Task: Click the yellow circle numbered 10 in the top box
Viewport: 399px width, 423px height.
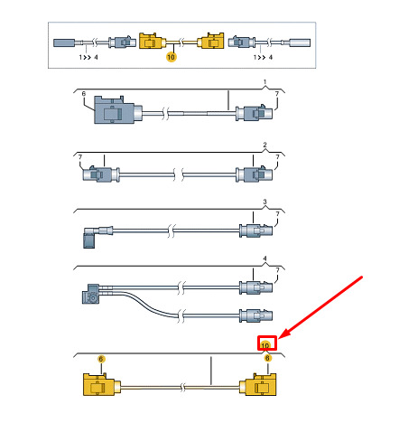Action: (x=171, y=57)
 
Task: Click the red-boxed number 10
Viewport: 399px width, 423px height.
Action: (x=265, y=345)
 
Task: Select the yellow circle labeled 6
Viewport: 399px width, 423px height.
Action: (x=101, y=359)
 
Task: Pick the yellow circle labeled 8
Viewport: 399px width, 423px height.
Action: (x=267, y=358)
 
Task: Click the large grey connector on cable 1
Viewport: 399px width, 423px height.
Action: (x=118, y=109)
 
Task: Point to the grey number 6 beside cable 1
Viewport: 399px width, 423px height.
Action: (x=84, y=94)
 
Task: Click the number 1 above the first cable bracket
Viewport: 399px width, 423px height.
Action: (x=264, y=82)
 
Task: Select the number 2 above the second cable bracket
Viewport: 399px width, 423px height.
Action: (x=264, y=145)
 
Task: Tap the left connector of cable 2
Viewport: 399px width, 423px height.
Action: (x=101, y=174)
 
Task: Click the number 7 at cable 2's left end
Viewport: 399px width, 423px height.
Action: (x=80, y=157)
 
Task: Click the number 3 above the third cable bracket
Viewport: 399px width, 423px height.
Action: (x=264, y=202)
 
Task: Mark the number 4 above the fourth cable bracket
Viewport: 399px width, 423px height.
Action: (x=264, y=258)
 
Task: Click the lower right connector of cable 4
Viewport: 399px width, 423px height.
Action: (x=255, y=315)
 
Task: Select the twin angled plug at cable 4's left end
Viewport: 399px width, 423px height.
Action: (x=92, y=294)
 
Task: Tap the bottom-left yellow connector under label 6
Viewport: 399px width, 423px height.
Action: (x=102, y=384)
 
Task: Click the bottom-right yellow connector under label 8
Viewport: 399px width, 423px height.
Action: (x=257, y=384)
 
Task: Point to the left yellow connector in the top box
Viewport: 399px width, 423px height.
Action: (x=153, y=41)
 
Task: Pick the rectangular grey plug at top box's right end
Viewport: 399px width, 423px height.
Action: (x=300, y=42)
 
